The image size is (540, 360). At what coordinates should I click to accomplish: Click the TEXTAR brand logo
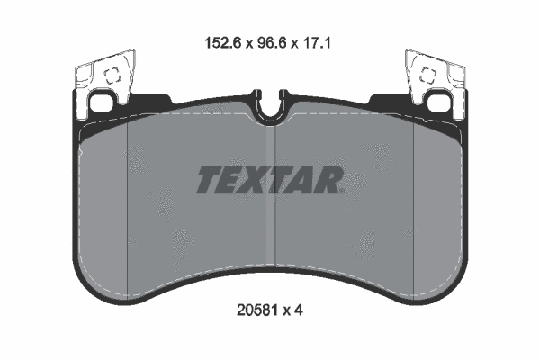coord(269,181)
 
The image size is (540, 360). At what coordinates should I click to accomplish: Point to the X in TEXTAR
coord(264,181)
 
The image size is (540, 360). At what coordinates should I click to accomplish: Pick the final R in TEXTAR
coord(329,181)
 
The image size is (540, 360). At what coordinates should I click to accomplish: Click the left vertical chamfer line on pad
coord(130,207)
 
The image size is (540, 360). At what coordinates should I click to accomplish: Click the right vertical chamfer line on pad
coord(411,207)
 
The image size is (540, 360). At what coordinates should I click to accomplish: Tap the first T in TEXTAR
coord(210,181)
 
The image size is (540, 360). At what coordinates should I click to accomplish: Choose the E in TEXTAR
coord(237,181)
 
